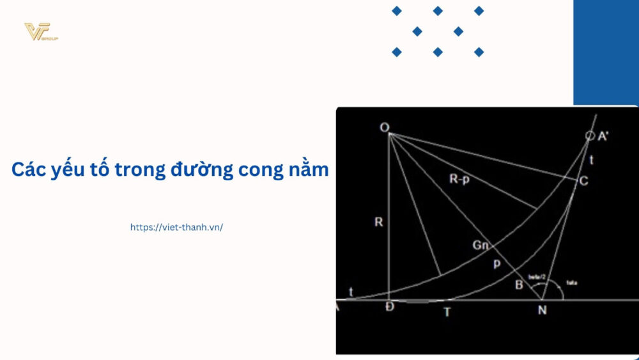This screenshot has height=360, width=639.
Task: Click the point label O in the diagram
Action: (x=385, y=128)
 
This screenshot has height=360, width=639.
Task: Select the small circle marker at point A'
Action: (x=590, y=136)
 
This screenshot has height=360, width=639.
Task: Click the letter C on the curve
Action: (x=583, y=181)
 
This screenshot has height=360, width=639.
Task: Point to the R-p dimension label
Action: (x=459, y=180)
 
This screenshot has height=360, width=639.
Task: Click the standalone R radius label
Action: (x=378, y=223)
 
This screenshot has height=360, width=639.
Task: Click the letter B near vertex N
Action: (x=519, y=285)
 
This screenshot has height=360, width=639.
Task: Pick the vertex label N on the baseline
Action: (x=541, y=311)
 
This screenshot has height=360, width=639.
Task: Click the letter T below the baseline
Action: (x=447, y=312)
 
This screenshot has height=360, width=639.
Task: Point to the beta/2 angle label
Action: (x=537, y=276)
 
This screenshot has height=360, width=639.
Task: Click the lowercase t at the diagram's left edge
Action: (x=350, y=291)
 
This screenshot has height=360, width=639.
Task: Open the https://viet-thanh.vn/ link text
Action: (x=176, y=227)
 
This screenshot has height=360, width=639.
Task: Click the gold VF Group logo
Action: (x=40, y=31)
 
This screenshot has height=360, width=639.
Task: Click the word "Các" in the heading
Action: (x=29, y=169)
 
